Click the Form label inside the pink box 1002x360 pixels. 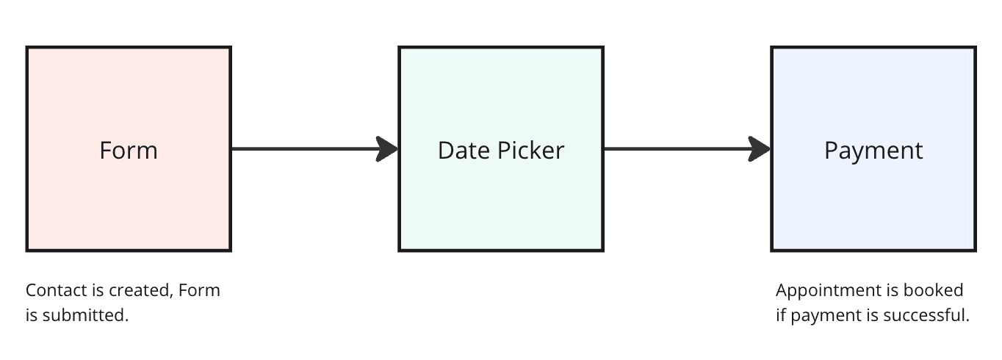129,151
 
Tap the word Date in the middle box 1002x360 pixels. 464,151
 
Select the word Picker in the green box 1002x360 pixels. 530,151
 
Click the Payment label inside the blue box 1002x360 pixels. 873,151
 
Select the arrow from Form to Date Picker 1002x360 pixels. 314,149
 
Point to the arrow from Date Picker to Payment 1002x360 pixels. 687,149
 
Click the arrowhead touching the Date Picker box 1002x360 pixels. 387,149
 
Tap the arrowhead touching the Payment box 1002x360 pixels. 760,149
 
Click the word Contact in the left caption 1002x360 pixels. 57,290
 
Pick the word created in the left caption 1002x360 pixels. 141,291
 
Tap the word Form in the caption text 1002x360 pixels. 199,290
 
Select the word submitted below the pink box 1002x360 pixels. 85,315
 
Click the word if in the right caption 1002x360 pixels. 781,315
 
